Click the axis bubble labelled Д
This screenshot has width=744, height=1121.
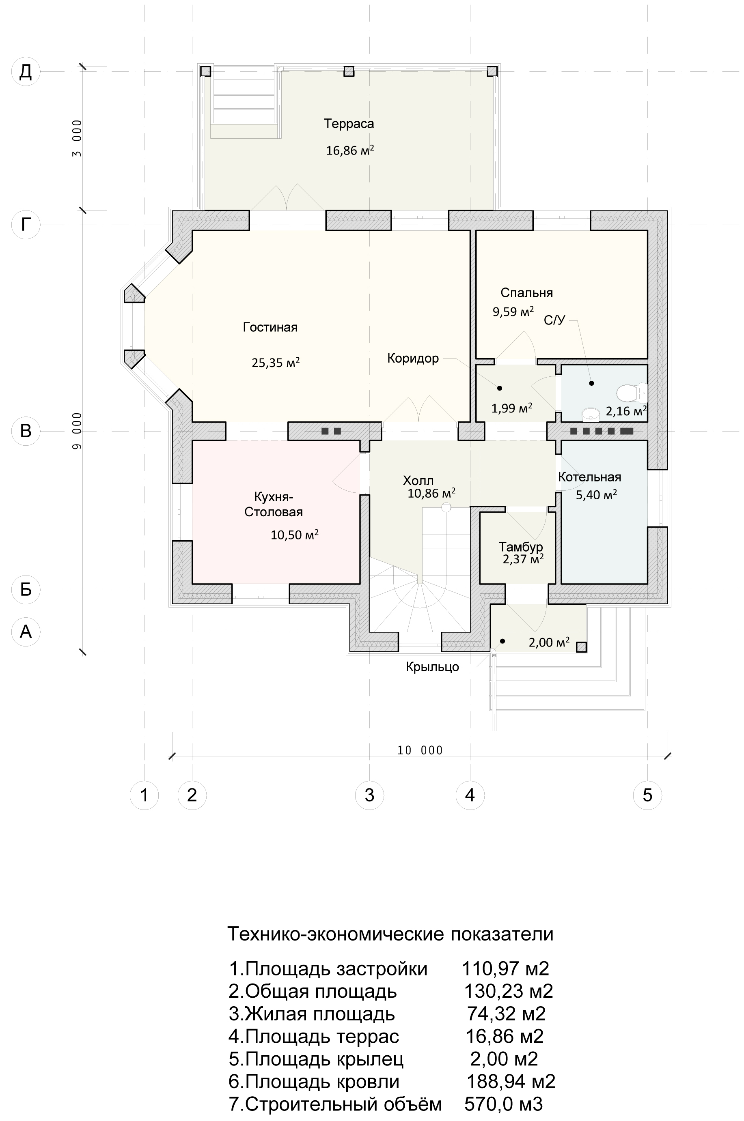(x=26, y=71)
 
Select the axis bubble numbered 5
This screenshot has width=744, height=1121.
(x=648, y=795)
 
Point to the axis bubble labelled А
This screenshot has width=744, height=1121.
(x=26, y=631)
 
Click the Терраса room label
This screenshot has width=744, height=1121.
(x=349, y=124)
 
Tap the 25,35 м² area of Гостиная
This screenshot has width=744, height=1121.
(x=276, y=363)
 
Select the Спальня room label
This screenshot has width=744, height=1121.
(x=527, y=293)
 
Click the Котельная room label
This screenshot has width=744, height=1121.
(x=589, y=477)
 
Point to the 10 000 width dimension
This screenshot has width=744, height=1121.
(x=420, y=750)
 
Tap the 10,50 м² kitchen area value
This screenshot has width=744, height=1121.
(x=295, y=535)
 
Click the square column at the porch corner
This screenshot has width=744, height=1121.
(x=581, y=647)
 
